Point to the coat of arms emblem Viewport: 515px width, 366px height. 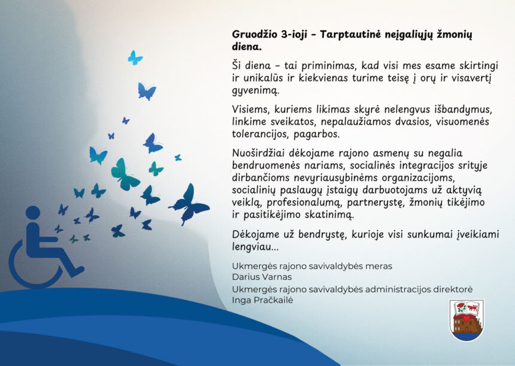pyautogui.click(x=466, y=320)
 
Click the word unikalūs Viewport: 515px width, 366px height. pyautogui.click(x=260, y=78)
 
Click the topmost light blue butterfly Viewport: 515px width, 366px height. pyautogui.click(x=135, y=58)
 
